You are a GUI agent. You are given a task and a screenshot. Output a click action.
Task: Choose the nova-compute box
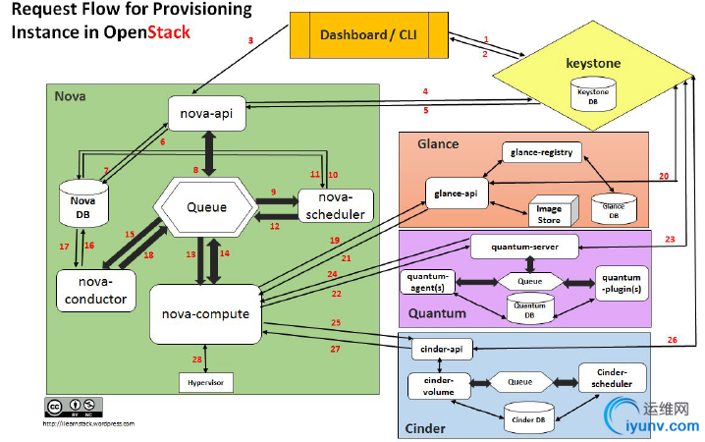tap(206, 313)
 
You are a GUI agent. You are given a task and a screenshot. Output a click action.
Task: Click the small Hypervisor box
tap(206, 380)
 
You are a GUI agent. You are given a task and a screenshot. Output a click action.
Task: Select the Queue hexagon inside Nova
tap(206, 207)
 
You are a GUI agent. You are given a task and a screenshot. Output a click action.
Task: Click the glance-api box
tap(457, 193)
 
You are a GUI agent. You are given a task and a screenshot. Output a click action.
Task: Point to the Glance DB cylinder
tap(612, 206)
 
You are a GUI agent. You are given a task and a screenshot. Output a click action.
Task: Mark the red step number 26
tap(672, 340)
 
